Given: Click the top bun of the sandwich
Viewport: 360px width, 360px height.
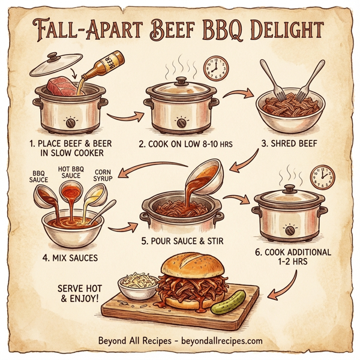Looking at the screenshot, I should pyautogui.click(x=191, y=268).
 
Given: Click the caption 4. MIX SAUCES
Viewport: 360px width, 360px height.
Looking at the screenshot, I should pyautogui.click(x=72, y=259).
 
